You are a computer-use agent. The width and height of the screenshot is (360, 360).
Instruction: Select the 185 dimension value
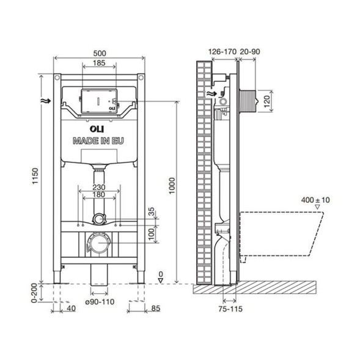point(98,63)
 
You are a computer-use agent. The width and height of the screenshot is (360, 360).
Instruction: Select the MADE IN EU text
point(98,141)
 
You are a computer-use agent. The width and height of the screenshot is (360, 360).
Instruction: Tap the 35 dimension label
point(153,212)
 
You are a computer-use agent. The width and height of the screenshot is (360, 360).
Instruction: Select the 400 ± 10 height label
point(315,200)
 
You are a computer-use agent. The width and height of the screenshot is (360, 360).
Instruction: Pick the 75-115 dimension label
point(230,309)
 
